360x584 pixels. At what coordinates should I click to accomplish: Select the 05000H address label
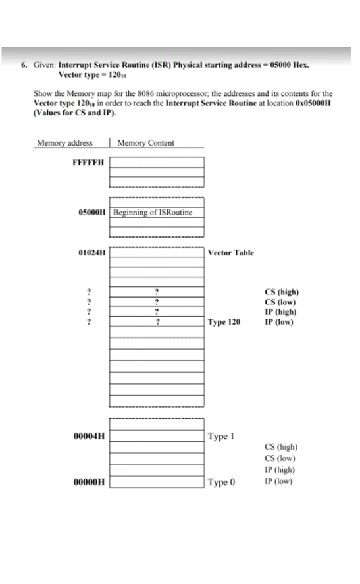[92, 212]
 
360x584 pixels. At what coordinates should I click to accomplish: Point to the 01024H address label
[92, 252]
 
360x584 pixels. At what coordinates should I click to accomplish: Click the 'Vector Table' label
[230, 252]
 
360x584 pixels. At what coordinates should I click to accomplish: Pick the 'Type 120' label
[224, 323]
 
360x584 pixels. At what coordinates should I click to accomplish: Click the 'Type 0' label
[220, 482]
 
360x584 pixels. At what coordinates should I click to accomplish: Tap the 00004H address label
[92, 436]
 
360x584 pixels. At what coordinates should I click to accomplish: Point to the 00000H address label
[92, 482]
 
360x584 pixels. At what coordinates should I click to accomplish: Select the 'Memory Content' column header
[145, 142]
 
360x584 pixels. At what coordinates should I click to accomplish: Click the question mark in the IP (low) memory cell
[157, 322]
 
